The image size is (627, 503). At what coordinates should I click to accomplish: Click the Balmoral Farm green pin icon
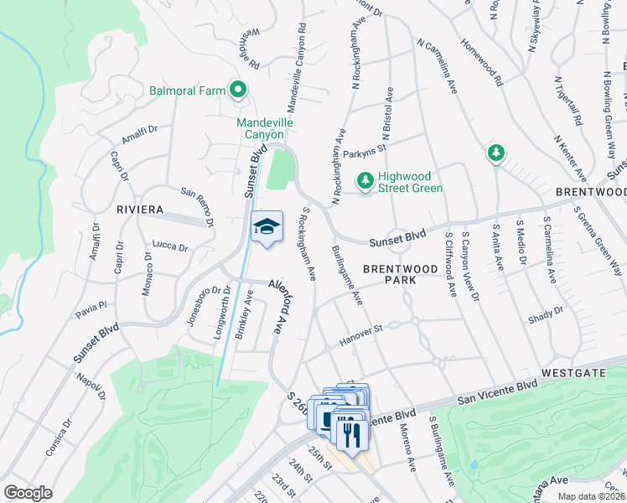coord(238,90)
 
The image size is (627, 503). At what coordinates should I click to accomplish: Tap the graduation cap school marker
coord(267,227)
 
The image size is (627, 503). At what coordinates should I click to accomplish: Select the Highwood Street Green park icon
coord(365,180)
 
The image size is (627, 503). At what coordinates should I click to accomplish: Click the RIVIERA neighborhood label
coord(139,210)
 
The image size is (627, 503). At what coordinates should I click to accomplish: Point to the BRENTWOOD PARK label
coord(401,276)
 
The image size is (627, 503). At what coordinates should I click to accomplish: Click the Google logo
coord(28,493)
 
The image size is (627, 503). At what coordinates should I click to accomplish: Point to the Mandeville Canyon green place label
coord(264,127)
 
